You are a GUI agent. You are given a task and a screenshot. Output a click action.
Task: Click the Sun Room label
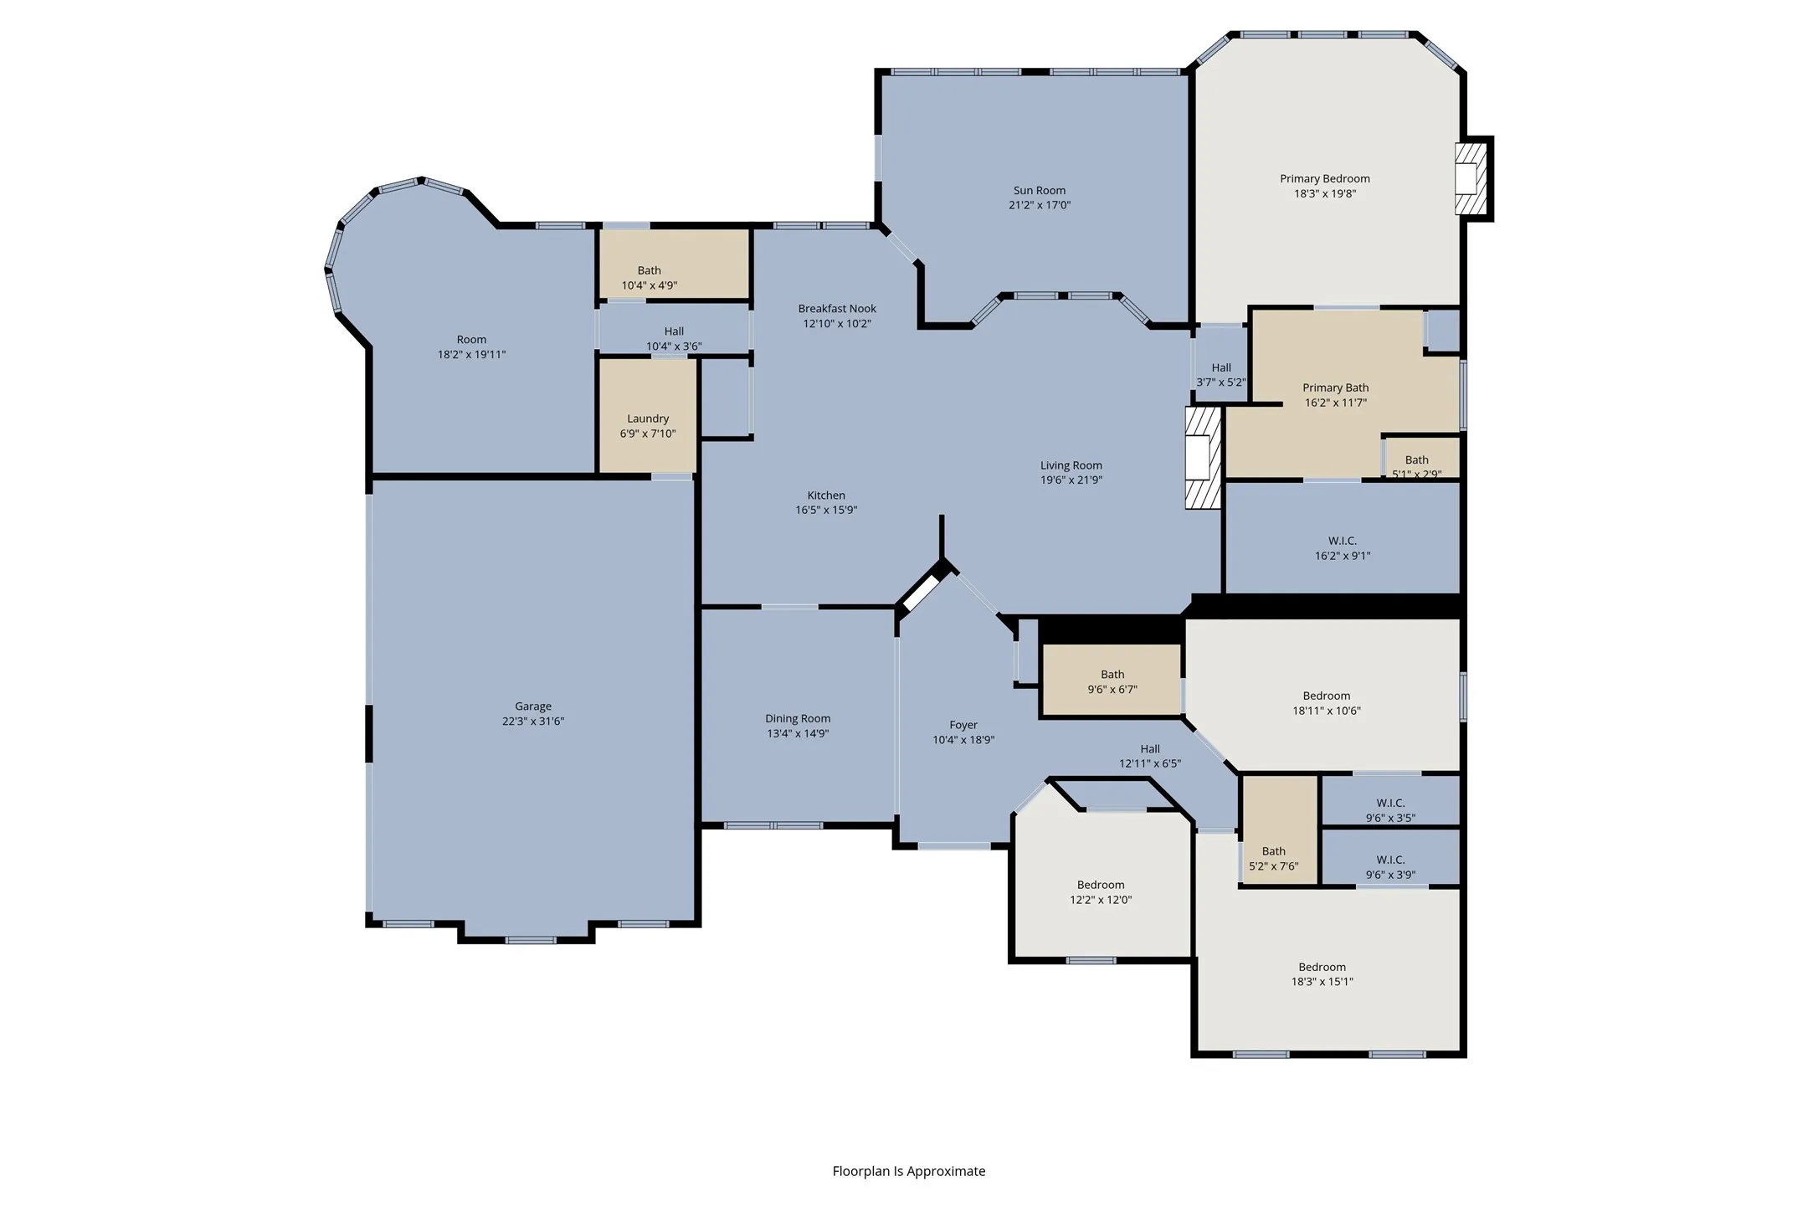click(x=1039, y=190)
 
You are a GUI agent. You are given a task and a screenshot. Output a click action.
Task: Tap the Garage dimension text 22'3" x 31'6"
click(x=533, y=721)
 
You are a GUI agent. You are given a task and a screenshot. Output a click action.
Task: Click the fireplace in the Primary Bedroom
click(x=1470, y=179)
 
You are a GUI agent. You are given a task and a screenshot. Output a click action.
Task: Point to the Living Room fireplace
click(x=1202, y=458)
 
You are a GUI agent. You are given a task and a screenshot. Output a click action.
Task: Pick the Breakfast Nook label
click(x=837, y=308)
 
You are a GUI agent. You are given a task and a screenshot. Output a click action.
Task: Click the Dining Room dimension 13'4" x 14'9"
click(x=798, y=733)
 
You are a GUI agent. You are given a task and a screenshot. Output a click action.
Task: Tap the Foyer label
click(x=963, y=725)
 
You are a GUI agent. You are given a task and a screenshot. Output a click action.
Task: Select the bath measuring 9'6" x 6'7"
click(x=1112, y=681)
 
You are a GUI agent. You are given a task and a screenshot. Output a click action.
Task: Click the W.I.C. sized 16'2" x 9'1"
click(x=1342, y=547)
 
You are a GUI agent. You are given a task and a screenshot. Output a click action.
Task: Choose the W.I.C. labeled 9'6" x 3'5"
click(x=1390, y=809)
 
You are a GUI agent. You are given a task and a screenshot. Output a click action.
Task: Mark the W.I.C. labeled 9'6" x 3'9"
click(x=1390, y=866)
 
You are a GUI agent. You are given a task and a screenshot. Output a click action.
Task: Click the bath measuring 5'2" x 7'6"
click(x=1273, y=858)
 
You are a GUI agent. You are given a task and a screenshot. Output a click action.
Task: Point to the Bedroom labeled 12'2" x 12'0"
click(x=1101, y=892)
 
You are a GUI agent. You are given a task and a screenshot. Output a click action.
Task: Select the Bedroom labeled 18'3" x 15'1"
click(x=1322, y=973)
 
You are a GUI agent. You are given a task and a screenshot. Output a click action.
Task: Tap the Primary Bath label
click(x=1335, y=388)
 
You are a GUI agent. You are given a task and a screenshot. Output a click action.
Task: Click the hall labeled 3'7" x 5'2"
click(x=1220, y=374)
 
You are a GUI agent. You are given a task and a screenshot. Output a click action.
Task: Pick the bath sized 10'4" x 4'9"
click(x=649, y=277)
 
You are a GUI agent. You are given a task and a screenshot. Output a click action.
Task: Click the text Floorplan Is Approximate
click(x=908, y=1171)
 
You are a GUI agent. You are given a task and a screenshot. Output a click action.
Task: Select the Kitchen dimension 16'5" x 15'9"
click(x=826, y=510)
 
